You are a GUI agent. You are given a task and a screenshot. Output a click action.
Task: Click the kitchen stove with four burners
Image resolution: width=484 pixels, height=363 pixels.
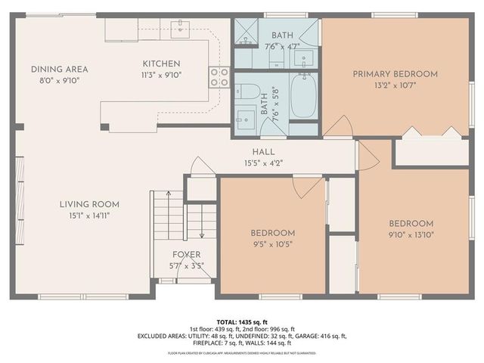(219, 76)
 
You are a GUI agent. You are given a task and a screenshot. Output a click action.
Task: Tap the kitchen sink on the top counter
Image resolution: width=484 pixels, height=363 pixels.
(181, 29)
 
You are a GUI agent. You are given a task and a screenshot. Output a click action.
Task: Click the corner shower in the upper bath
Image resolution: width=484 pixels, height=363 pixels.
(245, 31)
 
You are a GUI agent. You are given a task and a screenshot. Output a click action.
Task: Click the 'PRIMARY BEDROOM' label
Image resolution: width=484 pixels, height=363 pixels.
(396, 73)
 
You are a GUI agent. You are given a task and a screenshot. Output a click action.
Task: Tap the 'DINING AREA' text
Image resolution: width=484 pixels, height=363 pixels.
(55, 70)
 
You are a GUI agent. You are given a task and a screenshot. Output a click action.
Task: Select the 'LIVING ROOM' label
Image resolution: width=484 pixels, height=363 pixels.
(90, 204)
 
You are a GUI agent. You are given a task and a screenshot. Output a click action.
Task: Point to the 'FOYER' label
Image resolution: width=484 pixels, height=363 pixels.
(186, 255)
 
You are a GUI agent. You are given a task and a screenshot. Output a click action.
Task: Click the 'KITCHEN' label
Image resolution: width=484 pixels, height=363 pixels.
(162, 64)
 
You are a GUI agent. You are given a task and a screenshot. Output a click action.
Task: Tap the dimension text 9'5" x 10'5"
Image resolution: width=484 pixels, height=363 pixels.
(273, 243)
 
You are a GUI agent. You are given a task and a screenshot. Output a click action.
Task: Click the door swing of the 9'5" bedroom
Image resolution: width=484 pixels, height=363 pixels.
(309, 187)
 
